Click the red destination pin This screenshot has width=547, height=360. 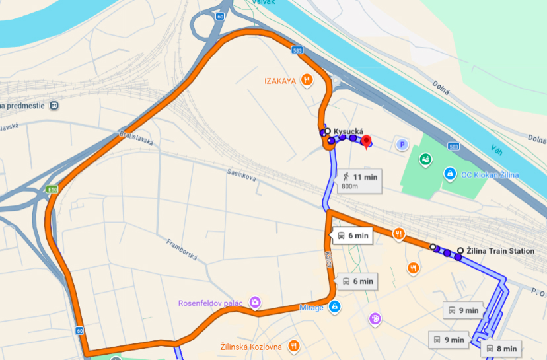(367, 141)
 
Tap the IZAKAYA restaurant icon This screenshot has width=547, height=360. (307, 81)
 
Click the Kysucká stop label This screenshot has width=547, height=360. (349, 131)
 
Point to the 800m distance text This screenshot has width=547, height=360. (350, 186)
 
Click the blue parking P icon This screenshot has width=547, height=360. (400, 143)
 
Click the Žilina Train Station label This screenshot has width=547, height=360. (500, 251)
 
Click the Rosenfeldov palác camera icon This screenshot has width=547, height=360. (255, 303)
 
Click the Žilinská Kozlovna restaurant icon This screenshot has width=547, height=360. (294, 346)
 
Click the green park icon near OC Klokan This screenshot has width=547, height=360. (426, 159)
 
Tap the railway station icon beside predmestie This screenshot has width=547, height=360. (54, 105)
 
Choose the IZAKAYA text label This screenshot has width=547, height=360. (278, 81)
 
